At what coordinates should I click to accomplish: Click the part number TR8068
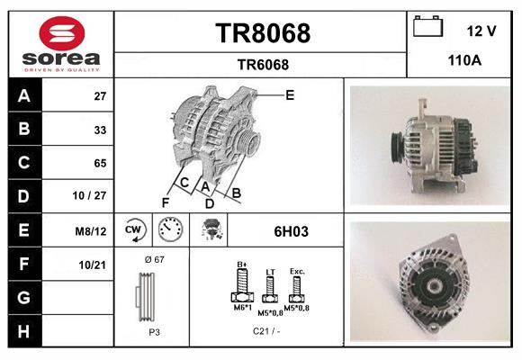262,33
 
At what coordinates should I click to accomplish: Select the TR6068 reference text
262,64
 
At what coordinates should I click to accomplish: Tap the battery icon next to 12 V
428,28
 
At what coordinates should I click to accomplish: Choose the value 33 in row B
100,129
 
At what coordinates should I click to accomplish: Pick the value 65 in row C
100,163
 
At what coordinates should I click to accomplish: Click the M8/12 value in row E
93,231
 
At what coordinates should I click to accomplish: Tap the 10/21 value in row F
94,265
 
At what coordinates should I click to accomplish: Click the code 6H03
291,231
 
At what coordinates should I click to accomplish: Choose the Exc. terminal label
297,270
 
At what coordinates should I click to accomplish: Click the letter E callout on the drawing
289,94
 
